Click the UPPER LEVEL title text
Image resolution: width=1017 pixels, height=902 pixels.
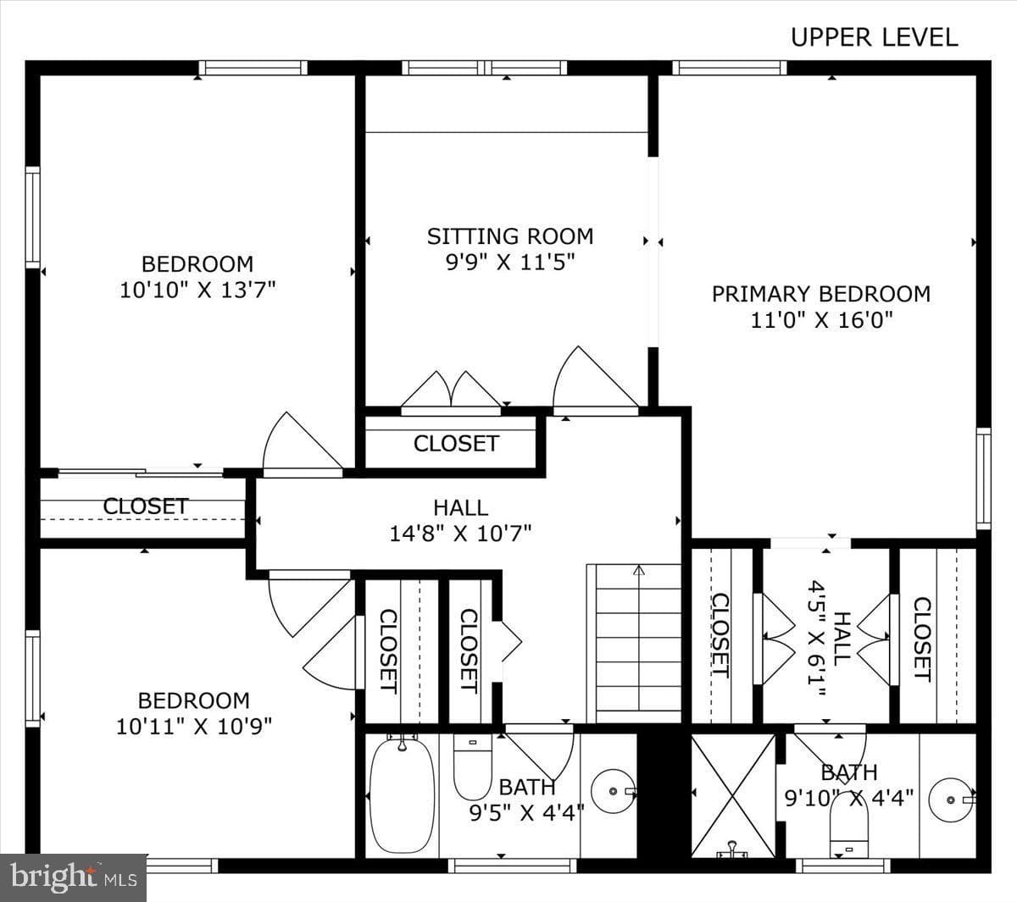875,37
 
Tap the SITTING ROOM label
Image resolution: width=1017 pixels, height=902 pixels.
510,236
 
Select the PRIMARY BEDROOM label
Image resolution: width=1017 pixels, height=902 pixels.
821,294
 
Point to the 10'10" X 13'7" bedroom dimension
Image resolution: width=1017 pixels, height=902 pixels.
197,290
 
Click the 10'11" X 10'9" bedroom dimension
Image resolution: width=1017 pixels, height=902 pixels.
194,727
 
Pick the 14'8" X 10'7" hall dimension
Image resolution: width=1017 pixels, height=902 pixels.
460,534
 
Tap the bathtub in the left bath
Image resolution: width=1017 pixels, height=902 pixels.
402,794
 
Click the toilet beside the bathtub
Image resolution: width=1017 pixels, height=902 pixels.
472,767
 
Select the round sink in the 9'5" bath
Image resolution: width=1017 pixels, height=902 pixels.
614,792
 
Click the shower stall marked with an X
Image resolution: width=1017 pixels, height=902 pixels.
733,795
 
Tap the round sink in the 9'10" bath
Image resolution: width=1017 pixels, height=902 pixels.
951,800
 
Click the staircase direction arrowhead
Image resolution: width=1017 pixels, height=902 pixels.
638,570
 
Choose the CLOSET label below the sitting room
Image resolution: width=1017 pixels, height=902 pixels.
456,444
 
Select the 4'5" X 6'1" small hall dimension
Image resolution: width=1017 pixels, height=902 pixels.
817,639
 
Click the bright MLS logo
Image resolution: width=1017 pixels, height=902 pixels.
73,877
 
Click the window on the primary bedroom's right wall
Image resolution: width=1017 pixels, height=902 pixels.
984,479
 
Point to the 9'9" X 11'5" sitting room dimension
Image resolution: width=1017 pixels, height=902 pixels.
510,262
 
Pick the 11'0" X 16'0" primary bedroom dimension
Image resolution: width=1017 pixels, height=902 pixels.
822,320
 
